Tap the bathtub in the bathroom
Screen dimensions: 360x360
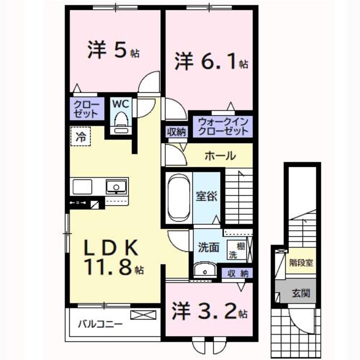tap(178, 197)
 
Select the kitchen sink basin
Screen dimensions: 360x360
tap(116, 186)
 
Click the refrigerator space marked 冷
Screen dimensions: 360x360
tap(81, 137)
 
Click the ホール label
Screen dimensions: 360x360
tap(220, 156)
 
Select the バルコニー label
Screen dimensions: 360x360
tap(100, 324)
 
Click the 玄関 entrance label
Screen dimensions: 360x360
tap(300, 293)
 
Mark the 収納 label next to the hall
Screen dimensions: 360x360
tap(176, 131)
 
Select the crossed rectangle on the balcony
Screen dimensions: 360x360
tap(143, 316)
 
